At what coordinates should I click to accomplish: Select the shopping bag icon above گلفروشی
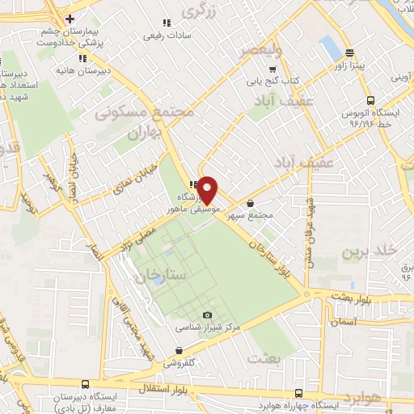(178, 350)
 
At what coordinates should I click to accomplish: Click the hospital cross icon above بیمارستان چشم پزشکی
(70, 18)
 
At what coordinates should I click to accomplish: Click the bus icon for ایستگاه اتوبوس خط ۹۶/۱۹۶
(370, 101)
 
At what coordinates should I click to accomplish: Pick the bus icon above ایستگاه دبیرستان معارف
(86, 385)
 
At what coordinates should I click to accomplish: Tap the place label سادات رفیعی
(167, 35)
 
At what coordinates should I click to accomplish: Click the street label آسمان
(344, 321)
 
